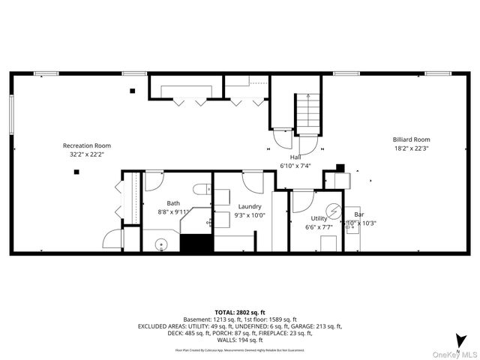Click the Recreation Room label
(x=87, y=145)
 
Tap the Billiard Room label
(x=412, y=139)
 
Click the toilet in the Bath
(x=200, y=187)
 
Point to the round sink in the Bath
(x=160, y=243)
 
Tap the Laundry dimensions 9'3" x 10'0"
(x=250, y=215)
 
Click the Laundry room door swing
(x=253, y=181)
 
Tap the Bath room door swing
(x=154, y=181)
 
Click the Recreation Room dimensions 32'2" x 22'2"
(x=87, y=154)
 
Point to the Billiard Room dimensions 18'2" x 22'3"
(x=412, y=148)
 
